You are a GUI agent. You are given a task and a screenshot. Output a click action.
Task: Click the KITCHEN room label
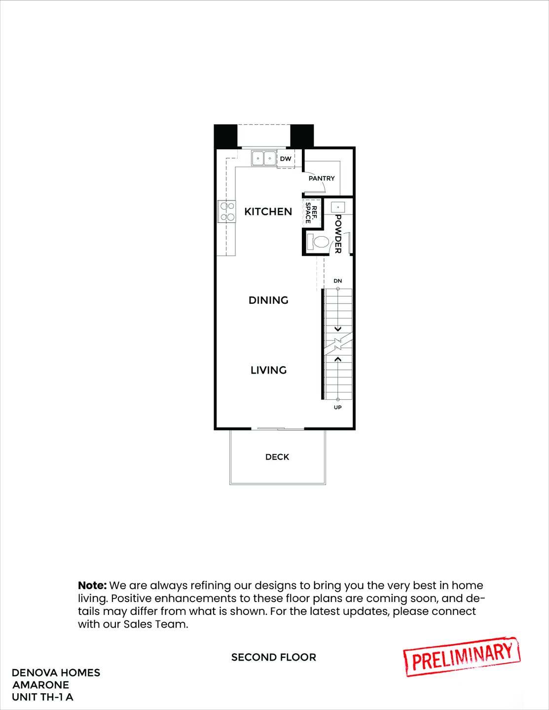coord(268,212)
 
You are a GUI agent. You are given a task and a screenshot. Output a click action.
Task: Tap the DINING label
coord(268,300)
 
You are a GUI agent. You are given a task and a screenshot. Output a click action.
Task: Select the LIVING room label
coord(268,370)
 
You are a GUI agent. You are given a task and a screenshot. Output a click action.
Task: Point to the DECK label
coord(277,457)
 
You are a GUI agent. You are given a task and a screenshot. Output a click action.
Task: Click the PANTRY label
coord(322,178)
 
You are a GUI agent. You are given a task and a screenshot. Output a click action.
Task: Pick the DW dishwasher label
coord(286,159)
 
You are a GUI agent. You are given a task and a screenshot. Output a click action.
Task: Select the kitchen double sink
coord(264,158)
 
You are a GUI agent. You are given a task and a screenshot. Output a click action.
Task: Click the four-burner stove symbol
coord(227,212)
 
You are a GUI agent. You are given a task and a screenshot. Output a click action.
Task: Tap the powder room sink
coord(338,207)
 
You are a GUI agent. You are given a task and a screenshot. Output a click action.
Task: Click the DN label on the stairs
coord(337,281)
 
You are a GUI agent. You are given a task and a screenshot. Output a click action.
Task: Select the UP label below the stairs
coord(337,407)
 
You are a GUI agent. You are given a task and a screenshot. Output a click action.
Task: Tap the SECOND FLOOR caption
coord(274,657)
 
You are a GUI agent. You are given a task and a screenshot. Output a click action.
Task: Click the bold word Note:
coord(92,586)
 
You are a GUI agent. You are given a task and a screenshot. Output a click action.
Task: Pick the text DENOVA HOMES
coord(56,673)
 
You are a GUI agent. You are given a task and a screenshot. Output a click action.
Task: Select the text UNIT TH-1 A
coord(43,697)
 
